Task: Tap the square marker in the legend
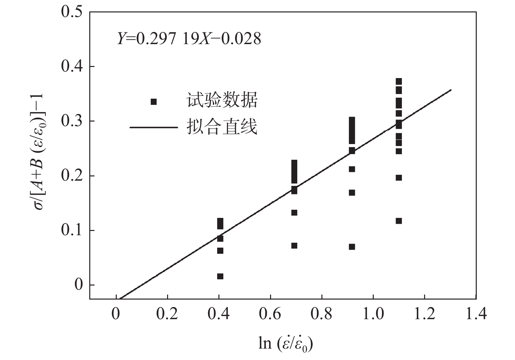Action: (154, 102)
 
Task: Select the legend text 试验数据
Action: (222, 100)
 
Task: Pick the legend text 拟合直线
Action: (222, 127)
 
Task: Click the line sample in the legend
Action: (154, 127)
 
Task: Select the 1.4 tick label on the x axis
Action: (476, 314)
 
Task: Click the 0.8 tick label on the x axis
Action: (322, 314)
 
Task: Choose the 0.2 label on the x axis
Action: (167, 314)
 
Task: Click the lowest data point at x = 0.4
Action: (220, 276)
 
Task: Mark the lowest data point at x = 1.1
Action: (399, 221)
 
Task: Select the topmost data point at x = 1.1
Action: (399, 81)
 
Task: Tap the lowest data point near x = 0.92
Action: (352, 247)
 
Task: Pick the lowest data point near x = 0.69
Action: (294, 246)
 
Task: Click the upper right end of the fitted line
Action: (451, 90)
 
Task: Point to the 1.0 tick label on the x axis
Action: (373, 314)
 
